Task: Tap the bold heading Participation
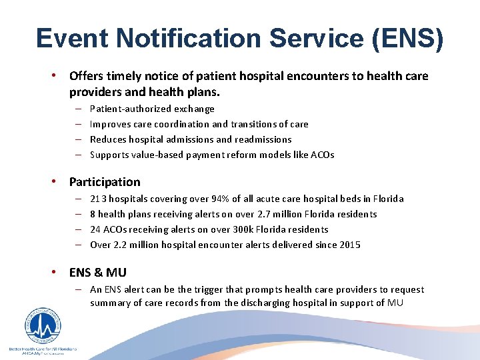[105, 182]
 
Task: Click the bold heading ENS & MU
[97, 272]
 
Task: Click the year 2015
[349, 245]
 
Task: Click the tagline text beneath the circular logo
[42, 349]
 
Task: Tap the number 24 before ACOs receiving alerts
[95, 229]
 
